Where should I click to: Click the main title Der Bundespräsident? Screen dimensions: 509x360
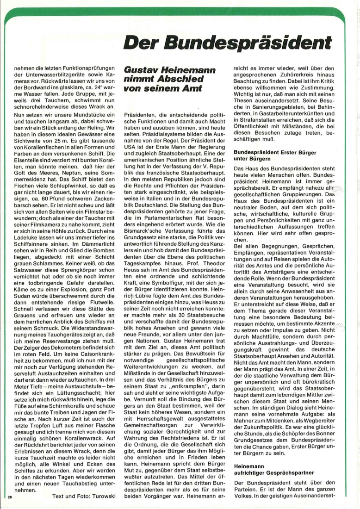click(228, 43)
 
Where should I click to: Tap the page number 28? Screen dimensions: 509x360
click(10, 497)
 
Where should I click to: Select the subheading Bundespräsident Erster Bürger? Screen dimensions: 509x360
click(274, 152)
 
